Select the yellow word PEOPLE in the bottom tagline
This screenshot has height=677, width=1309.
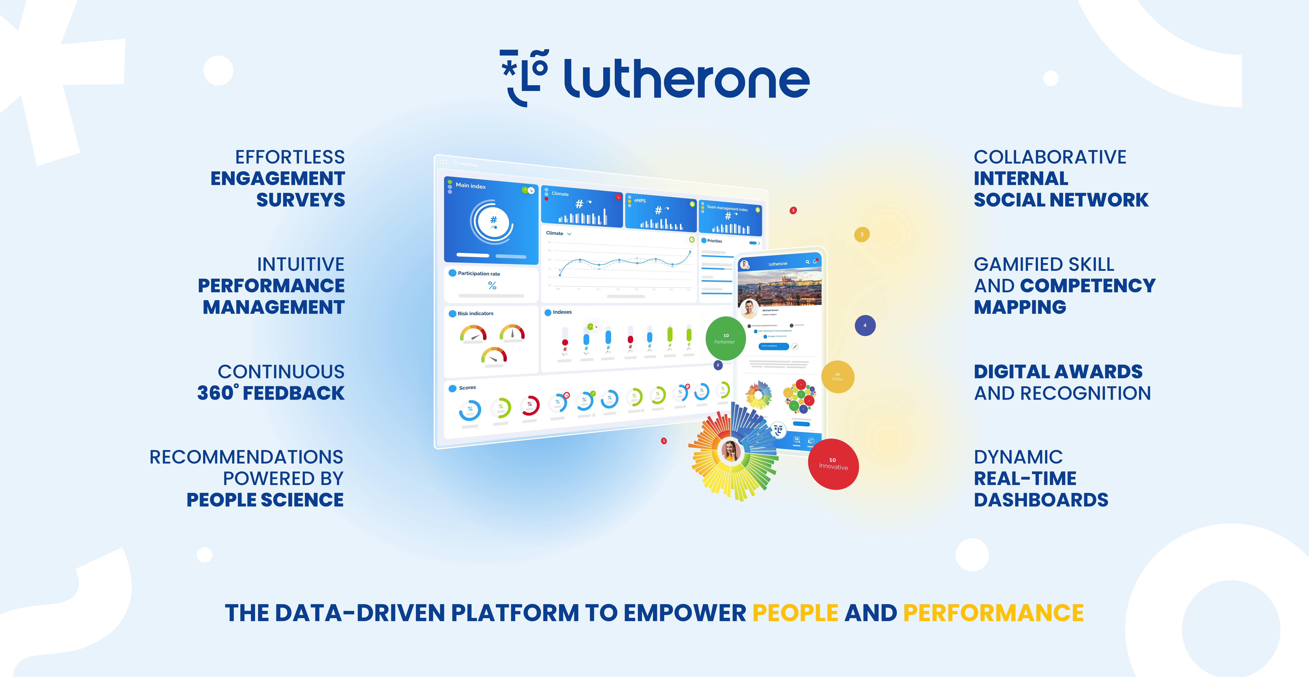(x=795, y=613)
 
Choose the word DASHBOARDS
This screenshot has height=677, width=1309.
(x=1041, y=500)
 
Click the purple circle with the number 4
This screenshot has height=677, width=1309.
(x=865, y=325)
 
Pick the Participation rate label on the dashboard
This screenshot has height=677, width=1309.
(x=479, y=273)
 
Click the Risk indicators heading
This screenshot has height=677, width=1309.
(x=475, y=314)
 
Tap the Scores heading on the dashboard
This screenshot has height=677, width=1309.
(x=467, y=388)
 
